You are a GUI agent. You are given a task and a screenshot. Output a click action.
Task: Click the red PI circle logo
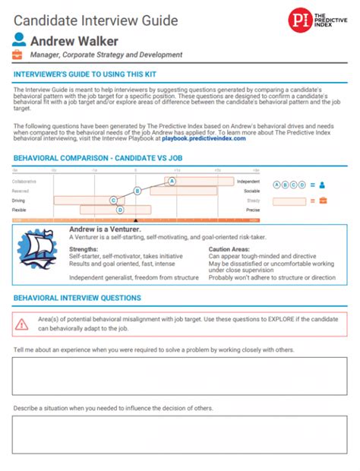[x=299, y=20]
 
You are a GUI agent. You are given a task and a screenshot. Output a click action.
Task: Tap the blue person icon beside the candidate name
[x=19, y=40]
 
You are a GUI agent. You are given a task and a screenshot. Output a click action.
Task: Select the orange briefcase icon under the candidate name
[x=19, y=55]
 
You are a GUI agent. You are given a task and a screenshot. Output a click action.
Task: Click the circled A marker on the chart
[x=172, y=181]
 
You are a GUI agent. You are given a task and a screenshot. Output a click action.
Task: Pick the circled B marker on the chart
[x=137, y=191]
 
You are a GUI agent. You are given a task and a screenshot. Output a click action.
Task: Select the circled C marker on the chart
[x=113, y=201]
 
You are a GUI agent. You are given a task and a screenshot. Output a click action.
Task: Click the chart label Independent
[x=248, y=182]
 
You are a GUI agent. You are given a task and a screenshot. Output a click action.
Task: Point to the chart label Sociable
[x=251, y=191]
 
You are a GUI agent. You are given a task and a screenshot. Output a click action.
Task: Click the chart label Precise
[x=253, y=210]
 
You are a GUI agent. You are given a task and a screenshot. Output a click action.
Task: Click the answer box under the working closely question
[x=179, y=375]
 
